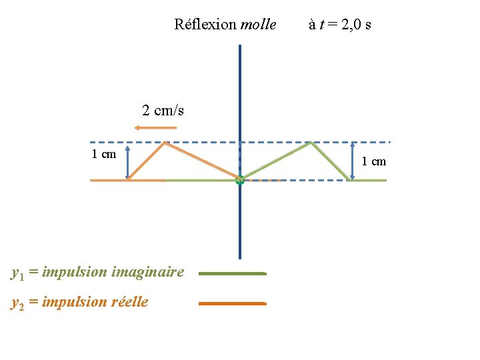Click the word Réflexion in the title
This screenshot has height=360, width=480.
point(205,25)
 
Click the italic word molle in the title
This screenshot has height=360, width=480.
point(258,25)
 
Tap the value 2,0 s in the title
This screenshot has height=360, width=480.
point(357,25)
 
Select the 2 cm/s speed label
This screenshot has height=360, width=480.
point(163,111)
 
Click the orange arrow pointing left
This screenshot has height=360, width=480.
point(159,127)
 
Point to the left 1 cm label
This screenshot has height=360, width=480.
point(103,155)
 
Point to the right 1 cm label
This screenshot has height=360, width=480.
point(373,161)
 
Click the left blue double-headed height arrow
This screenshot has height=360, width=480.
point(127,161)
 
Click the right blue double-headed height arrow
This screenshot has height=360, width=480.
point(353,161)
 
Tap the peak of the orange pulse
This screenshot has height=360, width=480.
point(165,143)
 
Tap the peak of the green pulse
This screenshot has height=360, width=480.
point(311,143)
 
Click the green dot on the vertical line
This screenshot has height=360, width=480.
point(240,179)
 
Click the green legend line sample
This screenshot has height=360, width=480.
point(232,273)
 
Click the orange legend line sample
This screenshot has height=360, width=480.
point(232,303)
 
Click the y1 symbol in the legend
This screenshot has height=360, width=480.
point(18,273)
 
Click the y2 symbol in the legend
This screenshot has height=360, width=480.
point(18,303)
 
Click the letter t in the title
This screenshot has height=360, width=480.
point(321,25)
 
